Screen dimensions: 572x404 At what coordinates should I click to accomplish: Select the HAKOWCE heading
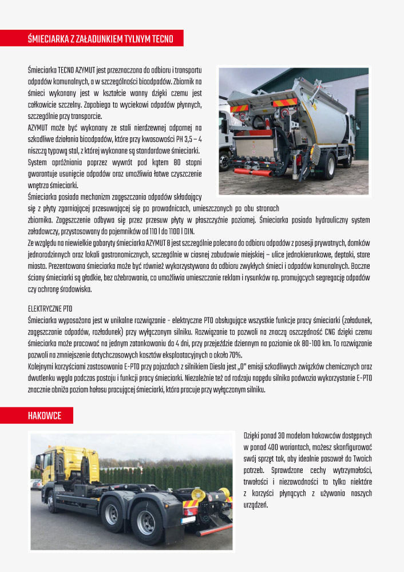(x=45, y=416)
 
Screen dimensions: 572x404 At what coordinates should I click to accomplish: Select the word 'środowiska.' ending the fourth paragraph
(x=74, y=289)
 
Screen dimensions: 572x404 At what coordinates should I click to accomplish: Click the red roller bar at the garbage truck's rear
(x=252, y=170)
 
